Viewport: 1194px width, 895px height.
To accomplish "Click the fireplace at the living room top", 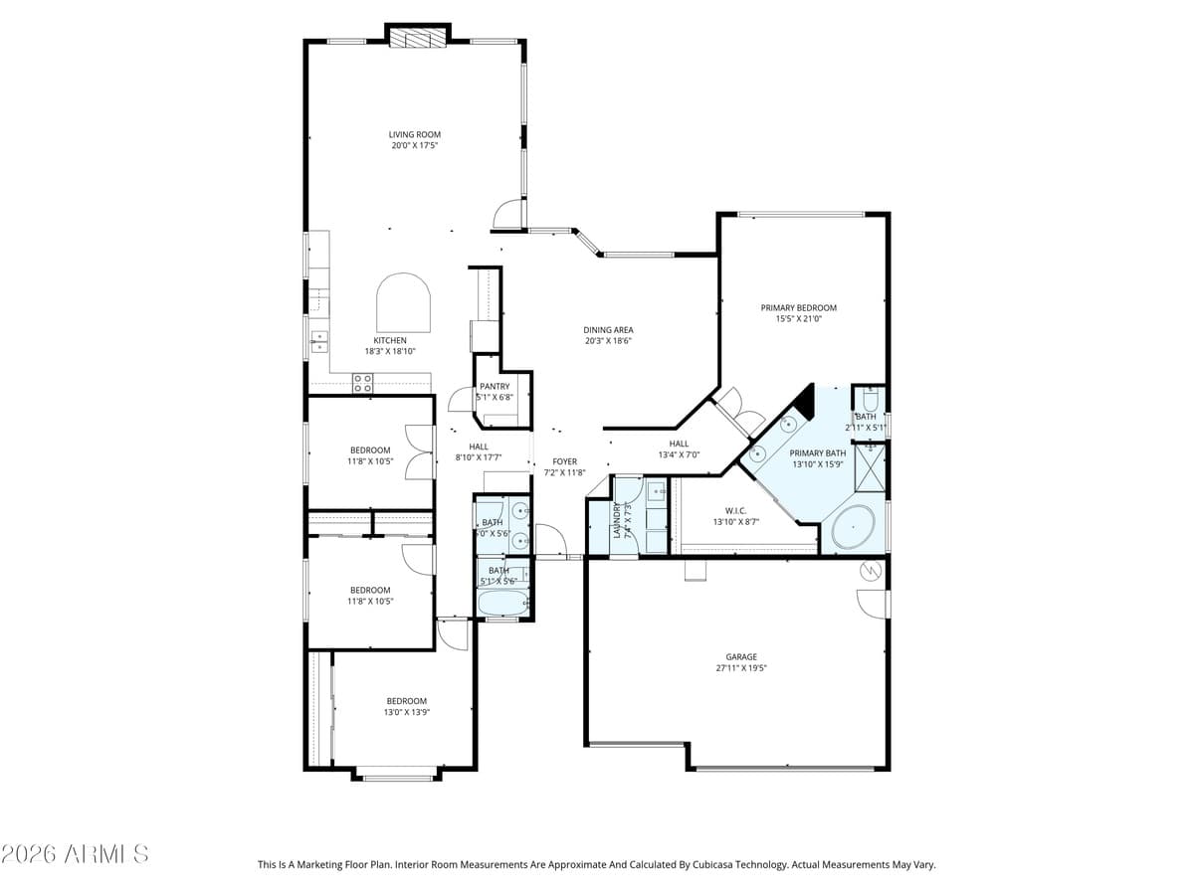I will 418,39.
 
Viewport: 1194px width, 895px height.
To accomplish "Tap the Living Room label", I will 414,135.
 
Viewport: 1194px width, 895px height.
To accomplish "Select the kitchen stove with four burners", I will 362,382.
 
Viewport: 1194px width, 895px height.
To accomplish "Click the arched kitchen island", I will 403,304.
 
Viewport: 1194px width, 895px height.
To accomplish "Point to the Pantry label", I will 495,386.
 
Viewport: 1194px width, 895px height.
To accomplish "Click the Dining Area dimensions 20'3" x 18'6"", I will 608,341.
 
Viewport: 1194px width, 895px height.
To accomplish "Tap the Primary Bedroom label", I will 798,308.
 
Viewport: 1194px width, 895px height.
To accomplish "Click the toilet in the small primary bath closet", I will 869,401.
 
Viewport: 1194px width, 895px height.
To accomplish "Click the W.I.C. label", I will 736,510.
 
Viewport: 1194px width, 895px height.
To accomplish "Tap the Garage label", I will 741,656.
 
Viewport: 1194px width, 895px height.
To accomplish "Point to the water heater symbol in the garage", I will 871,572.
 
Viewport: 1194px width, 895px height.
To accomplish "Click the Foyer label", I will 564,461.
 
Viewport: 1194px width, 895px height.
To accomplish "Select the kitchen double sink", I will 319,342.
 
